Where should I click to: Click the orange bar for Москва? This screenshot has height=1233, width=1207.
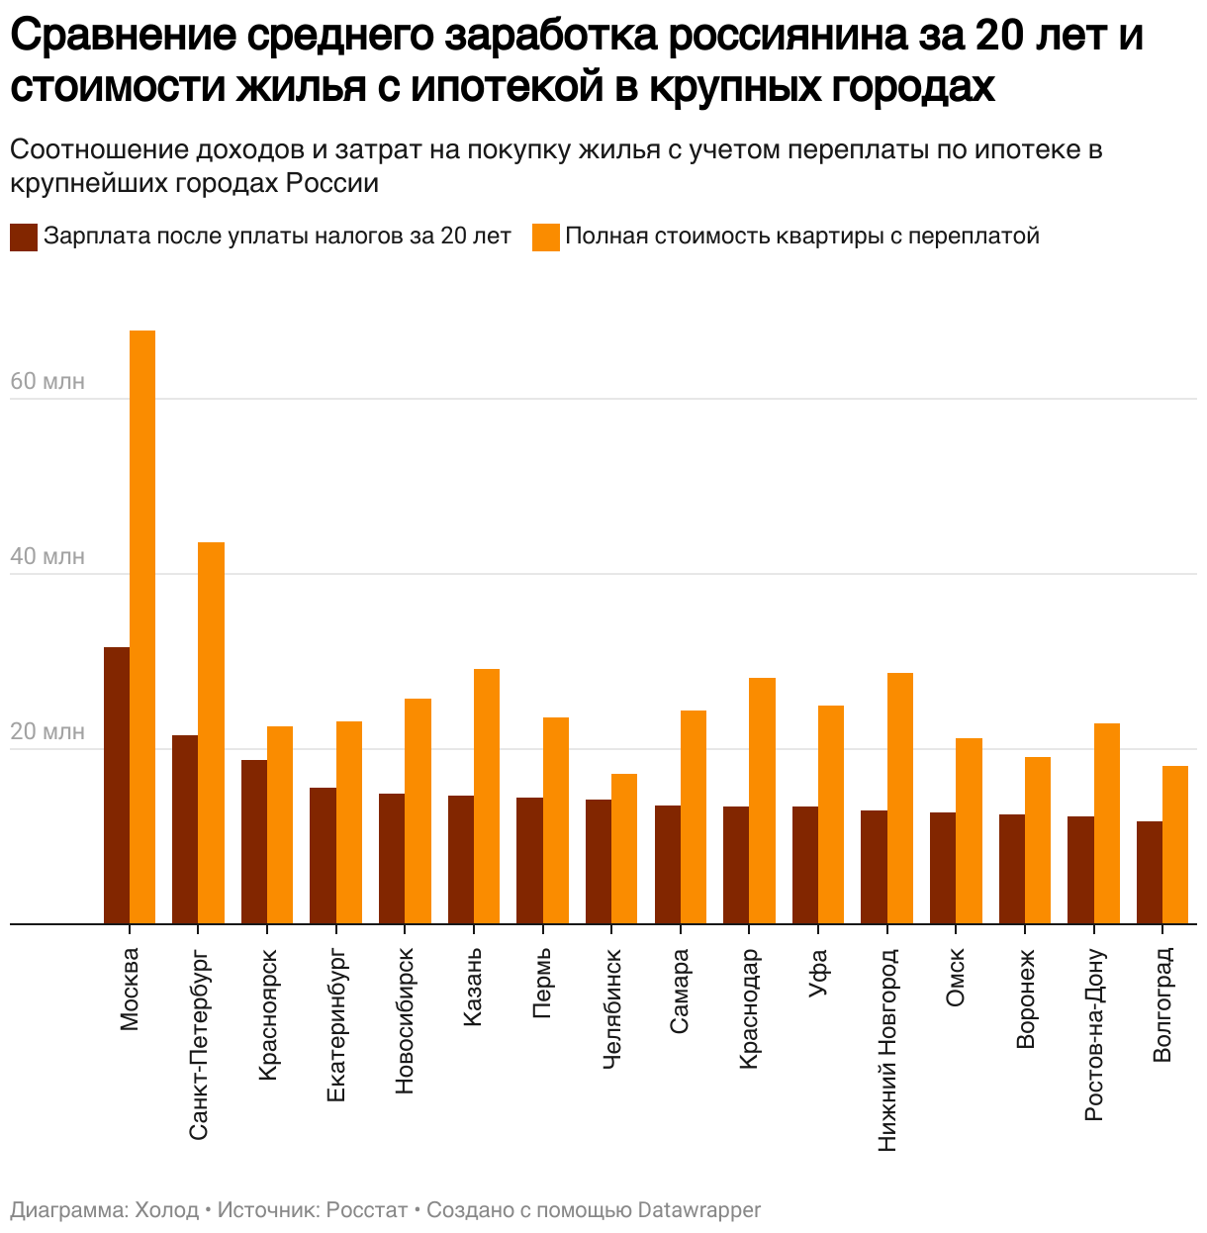point(142,626)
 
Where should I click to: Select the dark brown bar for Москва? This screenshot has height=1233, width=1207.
point(117,785)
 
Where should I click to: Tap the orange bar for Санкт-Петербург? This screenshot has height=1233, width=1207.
point(211,732)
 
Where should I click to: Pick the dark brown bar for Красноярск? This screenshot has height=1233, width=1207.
point(254,841)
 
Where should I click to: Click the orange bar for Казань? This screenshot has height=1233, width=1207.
point(487,796)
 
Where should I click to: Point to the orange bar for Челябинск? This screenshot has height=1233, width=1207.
point(624,848)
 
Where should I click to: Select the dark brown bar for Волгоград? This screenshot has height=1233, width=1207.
point(1150,872)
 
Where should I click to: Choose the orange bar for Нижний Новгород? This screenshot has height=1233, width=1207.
point(900,798)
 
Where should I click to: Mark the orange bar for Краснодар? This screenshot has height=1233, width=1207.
point(762,801)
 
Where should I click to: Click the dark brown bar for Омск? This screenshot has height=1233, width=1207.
point(943,868)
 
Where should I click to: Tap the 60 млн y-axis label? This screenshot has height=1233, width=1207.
point(47,381)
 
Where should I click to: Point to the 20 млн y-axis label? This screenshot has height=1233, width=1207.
point(47,731)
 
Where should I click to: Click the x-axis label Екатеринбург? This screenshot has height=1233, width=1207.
point(336,1024)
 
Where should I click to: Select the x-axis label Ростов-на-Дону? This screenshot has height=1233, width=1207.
point(1093,1034)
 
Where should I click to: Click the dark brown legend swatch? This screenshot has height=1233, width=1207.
point(24,237)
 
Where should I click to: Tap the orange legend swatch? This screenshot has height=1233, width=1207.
point(546,237)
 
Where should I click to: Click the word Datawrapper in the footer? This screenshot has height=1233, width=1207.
point(699,1209)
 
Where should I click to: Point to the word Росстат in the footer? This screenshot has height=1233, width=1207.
point(367,1209)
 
